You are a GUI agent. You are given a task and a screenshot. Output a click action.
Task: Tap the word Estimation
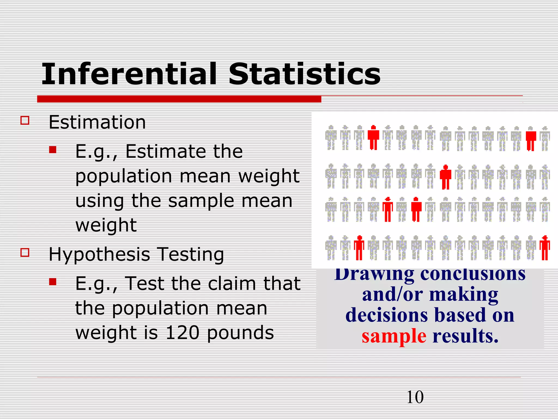pyautogui.click(x=97, y=122)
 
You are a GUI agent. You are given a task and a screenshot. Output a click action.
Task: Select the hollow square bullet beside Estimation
pyautogui.click(x=25, y=120)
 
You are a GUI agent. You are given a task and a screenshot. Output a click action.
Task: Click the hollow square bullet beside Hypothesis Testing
pyautogui.click(x=25, y=252)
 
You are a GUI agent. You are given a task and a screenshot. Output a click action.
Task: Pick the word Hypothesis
pyautogui.click(x=99, y=255)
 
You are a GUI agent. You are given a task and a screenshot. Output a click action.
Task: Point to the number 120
pyautogui.click(x=182, y=333)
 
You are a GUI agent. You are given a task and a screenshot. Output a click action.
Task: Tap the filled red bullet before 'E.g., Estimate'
pyautogui.click(x=53, y=149)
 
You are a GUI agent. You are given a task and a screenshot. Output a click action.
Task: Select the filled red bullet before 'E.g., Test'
pyautogui.click(x=53, y=282)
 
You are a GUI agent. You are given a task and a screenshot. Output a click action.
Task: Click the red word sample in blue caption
pyautogui.click(x=394, y=336)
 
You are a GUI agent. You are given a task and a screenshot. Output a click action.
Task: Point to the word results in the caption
pyautogui.click(x=465, y=336)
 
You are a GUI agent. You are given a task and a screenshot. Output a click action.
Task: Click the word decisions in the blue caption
pyautogui.click(x=387, y=315)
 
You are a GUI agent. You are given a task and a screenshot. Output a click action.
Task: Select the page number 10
pyautogui.click(x=415, y=397)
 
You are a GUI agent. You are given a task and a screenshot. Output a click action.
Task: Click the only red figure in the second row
pyautogui.click(x=445, y=177)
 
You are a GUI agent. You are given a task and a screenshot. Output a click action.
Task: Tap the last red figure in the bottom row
pyautogui.click(x=545, y=248)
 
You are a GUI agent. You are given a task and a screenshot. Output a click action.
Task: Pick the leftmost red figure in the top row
pyautogui.click(x=373, y=137)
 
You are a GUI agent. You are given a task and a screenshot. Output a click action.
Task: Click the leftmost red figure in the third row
pyautogui.click(x=387, y=209)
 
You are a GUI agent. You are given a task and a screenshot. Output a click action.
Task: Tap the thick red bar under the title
pyautogui.click(x=179, y=99)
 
